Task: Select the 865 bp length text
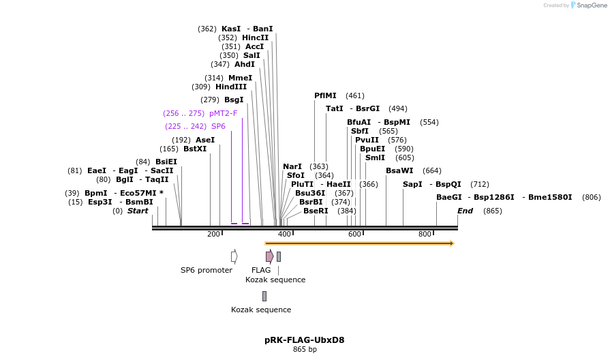[x=305, y=349]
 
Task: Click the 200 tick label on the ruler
[x=214, y=234]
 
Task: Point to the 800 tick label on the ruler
[x=425, y=234]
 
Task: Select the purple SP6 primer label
[x=218, y=126]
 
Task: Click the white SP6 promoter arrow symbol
[x=234, y=256]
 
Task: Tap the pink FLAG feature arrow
[x=270, y=256]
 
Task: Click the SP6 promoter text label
[x=206, y=270]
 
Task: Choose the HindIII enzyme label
[x=231, y=87]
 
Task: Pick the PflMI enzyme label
[x=325, y=95]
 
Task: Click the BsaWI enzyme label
[x=399, y=170]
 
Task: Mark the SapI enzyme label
[x=412, y=184]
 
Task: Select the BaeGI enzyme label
[x=449, y=197]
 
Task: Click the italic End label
[x=465, y=211]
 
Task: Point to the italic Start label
[x=137, y=211]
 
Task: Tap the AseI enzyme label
[x=205, y=140]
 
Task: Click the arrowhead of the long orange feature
[x=452, y=243]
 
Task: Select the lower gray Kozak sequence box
[x=264, y=296]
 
